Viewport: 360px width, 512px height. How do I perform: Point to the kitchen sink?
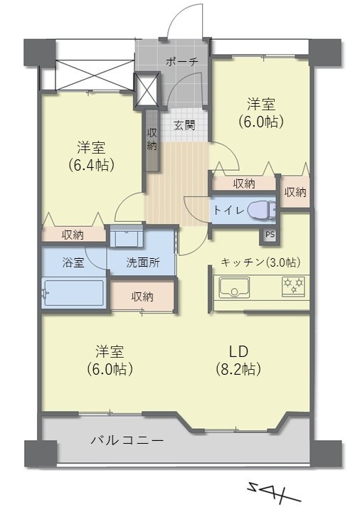pos(233,289)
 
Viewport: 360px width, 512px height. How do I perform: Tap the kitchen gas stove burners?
pos(293,286)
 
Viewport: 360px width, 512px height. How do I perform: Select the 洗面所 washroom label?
pos(142,262)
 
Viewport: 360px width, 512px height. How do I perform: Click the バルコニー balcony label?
pos(127,441)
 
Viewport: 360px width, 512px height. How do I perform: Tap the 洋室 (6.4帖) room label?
pos(92,156)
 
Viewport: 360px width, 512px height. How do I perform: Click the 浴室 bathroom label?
pos(73,262)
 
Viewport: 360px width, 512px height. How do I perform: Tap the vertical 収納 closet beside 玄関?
pos(152,139)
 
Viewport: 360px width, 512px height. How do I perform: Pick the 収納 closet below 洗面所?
pos(142,297)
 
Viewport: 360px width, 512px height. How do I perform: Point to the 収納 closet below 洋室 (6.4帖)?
pos(73,234)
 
